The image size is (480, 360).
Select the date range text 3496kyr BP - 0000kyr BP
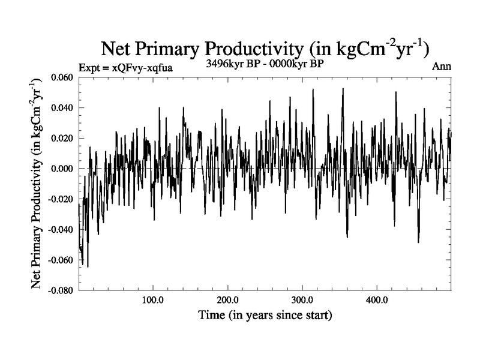(265, 64)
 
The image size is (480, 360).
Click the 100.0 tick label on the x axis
(153, 300)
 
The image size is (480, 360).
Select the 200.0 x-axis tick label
(227, 300)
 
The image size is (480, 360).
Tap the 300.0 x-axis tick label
(302, 300)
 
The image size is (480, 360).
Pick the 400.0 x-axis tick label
(376, 300)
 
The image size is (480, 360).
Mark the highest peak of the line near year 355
(343, 89)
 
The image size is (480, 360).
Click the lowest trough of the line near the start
(88, 266)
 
